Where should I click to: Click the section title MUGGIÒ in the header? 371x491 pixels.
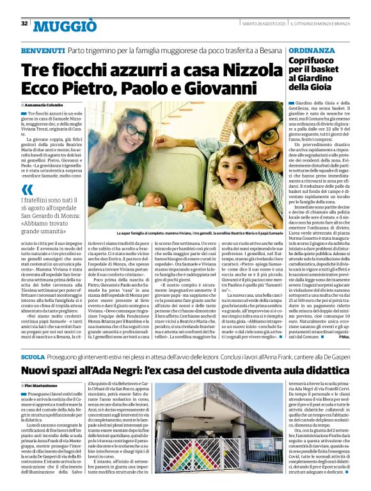pos(65,25)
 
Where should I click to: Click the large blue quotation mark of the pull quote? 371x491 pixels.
pos(27,190)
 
